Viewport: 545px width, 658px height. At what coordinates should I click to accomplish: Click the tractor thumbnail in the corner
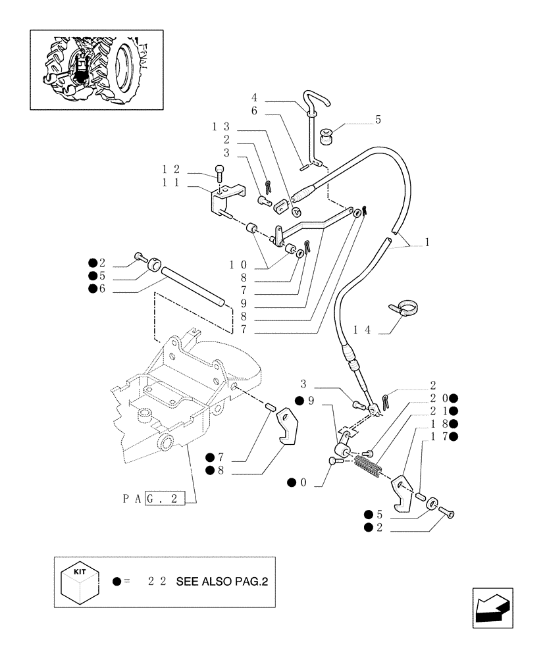coord(96,69)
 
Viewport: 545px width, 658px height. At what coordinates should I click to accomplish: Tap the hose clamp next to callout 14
coord(405,308)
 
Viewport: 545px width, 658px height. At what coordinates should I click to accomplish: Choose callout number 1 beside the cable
coord(427,242)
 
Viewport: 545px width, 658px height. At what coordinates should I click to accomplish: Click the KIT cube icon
coord(79,581)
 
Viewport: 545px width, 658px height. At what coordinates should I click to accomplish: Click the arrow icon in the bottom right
coord(494,607)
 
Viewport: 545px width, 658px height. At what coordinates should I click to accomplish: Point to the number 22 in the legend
coord(157,582)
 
